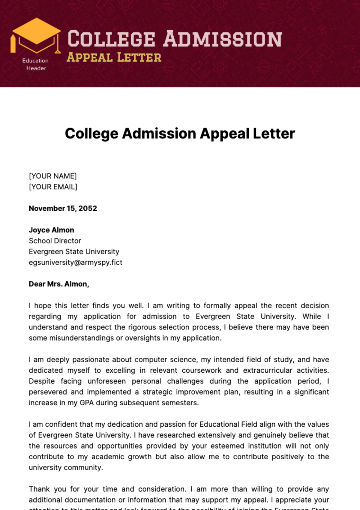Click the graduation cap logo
click(x=36, y=35)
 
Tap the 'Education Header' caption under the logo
click(x=36, y=64)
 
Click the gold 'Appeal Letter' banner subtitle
click(x=114, y=57)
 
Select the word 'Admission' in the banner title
click(x=222, y=39)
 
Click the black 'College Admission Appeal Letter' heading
click(x=180, y=134)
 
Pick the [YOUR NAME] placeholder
click(x=53, y=176)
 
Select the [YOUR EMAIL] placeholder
click(x=53, y=187)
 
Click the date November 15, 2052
click(x=63, y=208)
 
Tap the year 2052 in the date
click(x=88, y=208)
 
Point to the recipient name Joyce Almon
click(x=51, y=230)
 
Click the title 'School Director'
click(x=55, y=241)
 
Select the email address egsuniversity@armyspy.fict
click(x=76, y=262)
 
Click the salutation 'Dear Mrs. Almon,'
click(x=59, y=284)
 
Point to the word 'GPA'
click(x=87, y=403)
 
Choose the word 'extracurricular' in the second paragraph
click(x=268, y=370)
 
